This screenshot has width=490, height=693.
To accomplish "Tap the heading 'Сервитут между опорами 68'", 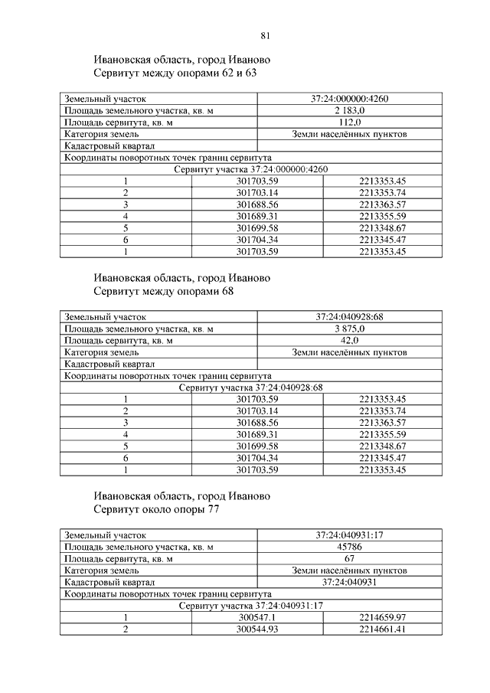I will pos(163,292).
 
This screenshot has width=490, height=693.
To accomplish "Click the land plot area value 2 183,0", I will pos(349,111).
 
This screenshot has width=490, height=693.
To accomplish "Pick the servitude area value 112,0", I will pos(349,123).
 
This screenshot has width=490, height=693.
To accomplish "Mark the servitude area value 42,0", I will pos(349,341).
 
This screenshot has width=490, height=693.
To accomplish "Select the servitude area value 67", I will pos(349,559).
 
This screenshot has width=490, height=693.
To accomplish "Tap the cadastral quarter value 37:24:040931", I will pos(349,582).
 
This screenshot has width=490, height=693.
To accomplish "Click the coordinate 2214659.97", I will pos(381,617).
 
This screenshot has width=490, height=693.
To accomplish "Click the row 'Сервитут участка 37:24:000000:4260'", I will pos(251,169).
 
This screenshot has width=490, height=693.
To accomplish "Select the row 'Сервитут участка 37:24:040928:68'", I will pos(251,387).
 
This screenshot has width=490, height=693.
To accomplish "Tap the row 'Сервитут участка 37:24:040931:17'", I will pos(251,606).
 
